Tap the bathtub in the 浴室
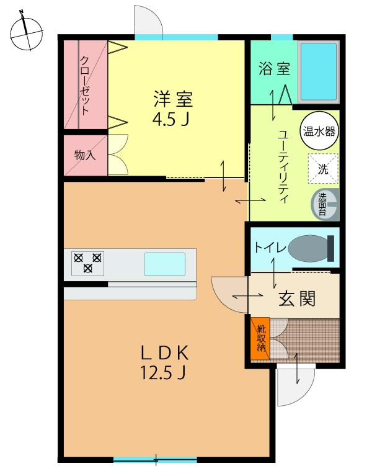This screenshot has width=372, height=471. (x=319, y=72)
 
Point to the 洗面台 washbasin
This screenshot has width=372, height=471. (x=325, y=204)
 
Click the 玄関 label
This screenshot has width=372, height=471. (x=296, y=299)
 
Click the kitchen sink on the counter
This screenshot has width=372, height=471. (x=164, y=264)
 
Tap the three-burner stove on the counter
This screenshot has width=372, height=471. (x=87, y=262)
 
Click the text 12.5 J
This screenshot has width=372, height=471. (x=164, y=374)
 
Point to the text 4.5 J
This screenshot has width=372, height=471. (x=171, y=118)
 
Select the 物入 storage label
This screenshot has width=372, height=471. (x=85, y=155)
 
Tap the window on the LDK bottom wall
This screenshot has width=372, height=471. (x=155, y=460)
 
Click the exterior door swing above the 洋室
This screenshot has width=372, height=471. (x=148, y=21)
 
